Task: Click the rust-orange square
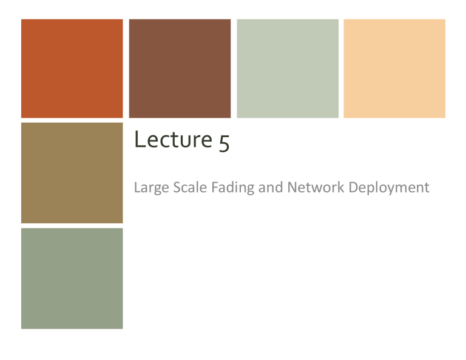coord(72,68)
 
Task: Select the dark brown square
coord(180,68)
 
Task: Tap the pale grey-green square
coord(288,68)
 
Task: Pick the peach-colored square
coord(394,68)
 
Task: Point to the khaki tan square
coord(72,173)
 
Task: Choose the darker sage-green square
coord(72,279)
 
